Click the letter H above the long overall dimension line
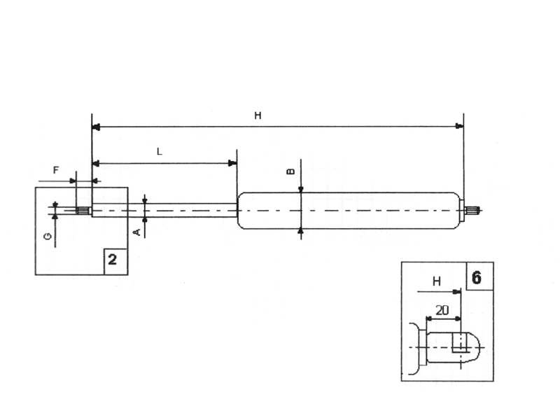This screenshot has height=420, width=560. [258, 116]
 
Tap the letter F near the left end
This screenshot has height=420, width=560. [56, 170]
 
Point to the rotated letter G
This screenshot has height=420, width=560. [47, 237]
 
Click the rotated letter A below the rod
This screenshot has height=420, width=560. [138, 230]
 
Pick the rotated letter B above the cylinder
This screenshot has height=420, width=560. [292, 171]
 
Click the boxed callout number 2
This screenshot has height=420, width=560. [113, 261]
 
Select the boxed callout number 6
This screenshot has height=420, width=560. [477, 277]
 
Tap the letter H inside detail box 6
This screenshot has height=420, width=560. [436, 281]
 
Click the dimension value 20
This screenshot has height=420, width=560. [442, 309]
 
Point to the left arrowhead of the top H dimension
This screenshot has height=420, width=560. [97, 127]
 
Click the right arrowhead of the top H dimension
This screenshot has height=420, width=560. [459, 127]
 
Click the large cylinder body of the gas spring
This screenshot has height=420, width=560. [350, 210]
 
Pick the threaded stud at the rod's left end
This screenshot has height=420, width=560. [83, 210]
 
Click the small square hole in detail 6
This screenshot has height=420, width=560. [459, 342]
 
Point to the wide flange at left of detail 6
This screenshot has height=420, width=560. [416, 346]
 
